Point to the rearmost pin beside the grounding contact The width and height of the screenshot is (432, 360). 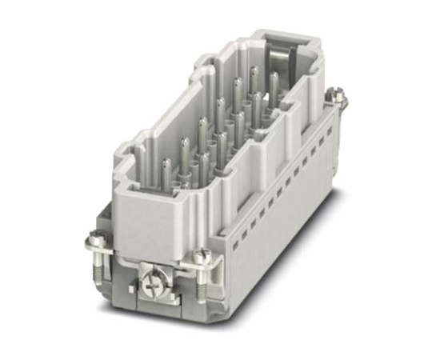pos(273,81)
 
